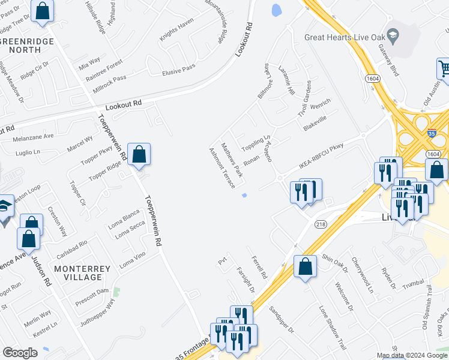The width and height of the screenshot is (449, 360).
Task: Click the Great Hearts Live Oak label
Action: [343, 37]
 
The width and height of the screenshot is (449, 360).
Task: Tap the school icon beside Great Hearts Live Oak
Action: [393, 35]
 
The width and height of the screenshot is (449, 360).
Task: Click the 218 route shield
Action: [321, 223]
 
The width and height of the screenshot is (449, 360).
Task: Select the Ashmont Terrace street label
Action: [221, 167]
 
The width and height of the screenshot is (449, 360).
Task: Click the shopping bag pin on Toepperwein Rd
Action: [139, 155]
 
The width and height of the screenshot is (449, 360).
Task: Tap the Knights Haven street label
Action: [176, 29]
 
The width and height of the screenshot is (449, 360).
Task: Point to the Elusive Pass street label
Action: [179, 71]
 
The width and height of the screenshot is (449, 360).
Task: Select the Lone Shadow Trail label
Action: [333, 328]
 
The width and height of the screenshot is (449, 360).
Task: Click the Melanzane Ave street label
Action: [34, 137]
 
